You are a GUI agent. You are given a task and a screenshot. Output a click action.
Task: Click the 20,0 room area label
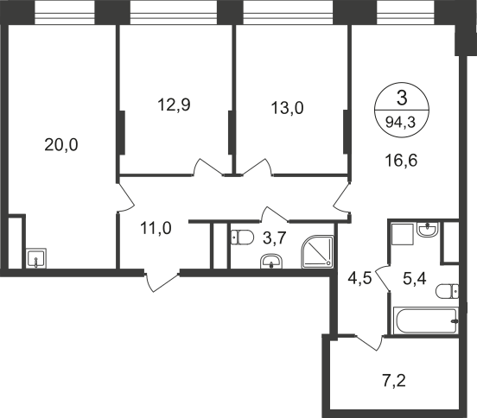coord(61,144)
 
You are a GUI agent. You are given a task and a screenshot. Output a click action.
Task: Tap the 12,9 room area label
coord(174,104)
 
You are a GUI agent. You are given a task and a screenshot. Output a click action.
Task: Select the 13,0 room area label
coord(287,108)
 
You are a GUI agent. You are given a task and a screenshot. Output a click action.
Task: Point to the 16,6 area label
coord(401,161)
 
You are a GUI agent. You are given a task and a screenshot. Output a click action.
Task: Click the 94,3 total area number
coord(400,123)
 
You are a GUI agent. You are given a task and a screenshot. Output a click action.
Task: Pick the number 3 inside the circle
coord(402,98)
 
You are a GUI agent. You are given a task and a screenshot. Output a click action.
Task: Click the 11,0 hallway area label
coord(156,228)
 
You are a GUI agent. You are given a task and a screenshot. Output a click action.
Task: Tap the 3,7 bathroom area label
coord(275,237)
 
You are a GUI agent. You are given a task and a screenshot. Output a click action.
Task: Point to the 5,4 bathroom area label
coord(415,278)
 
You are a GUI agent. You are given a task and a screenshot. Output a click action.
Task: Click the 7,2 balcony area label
coord(394,381)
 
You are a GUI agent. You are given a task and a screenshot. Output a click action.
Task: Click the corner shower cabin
coord(317,251)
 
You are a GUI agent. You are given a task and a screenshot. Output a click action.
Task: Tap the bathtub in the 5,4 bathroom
coord(426,320)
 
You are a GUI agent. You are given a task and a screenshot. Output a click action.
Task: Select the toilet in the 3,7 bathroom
coord(243,237)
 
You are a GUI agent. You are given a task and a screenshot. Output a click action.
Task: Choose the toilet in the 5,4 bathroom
coord(447,292)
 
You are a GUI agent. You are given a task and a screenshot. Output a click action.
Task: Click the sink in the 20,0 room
coord(36,258)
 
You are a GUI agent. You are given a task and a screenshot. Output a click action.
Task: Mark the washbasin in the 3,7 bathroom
coord(271,262)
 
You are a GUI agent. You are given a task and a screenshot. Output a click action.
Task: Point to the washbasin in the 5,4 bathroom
coord(428,229)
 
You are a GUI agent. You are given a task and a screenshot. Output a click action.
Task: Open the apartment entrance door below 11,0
coord(162,282)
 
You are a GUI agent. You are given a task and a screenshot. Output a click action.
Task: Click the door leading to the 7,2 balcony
coord(369,343)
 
